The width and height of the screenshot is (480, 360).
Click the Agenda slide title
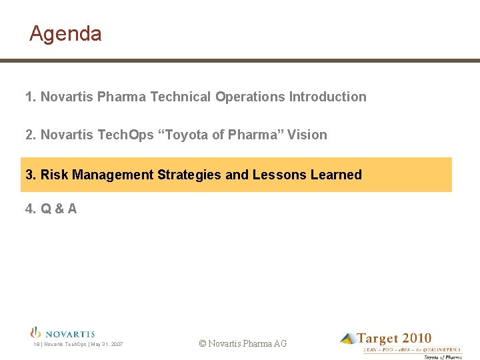(x=65, y=33)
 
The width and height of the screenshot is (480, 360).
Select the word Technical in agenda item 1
(x=181, y=97)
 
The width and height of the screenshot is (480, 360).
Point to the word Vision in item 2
(x=307, y=135)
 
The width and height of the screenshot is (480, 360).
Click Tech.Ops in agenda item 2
(x=125, y=135)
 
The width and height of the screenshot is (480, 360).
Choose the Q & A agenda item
(x=51, y=209)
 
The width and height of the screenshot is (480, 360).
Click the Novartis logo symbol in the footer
(x=36, y=332)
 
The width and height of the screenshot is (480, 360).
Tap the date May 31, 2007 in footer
(x=107, y=345)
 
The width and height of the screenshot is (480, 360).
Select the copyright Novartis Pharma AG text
(x=243, y=343)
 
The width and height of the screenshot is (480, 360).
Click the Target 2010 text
(x=394, y=339)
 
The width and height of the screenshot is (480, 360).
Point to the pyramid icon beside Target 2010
(x=347, y=339)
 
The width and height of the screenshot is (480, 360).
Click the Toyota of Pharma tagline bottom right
(x=443, y=357)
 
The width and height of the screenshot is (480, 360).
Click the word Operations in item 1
(x=251, y=97)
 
